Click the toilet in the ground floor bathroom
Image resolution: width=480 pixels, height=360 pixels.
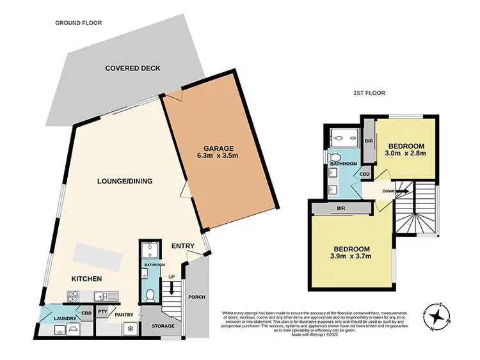[149, 295]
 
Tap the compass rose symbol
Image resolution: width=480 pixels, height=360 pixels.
[436, 315]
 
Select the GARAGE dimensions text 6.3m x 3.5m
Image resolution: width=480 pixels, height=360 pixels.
[220, 154]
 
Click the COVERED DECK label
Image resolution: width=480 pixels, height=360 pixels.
[132, 68]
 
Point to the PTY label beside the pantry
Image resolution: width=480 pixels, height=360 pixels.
[102, 311]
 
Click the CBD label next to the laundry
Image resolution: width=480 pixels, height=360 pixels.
[86, 313]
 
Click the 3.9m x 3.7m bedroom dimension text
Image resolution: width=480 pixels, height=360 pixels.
[351, 258]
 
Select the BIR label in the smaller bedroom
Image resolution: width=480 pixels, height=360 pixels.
[369, 141]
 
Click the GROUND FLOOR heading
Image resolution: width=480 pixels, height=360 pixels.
[78, 23]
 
